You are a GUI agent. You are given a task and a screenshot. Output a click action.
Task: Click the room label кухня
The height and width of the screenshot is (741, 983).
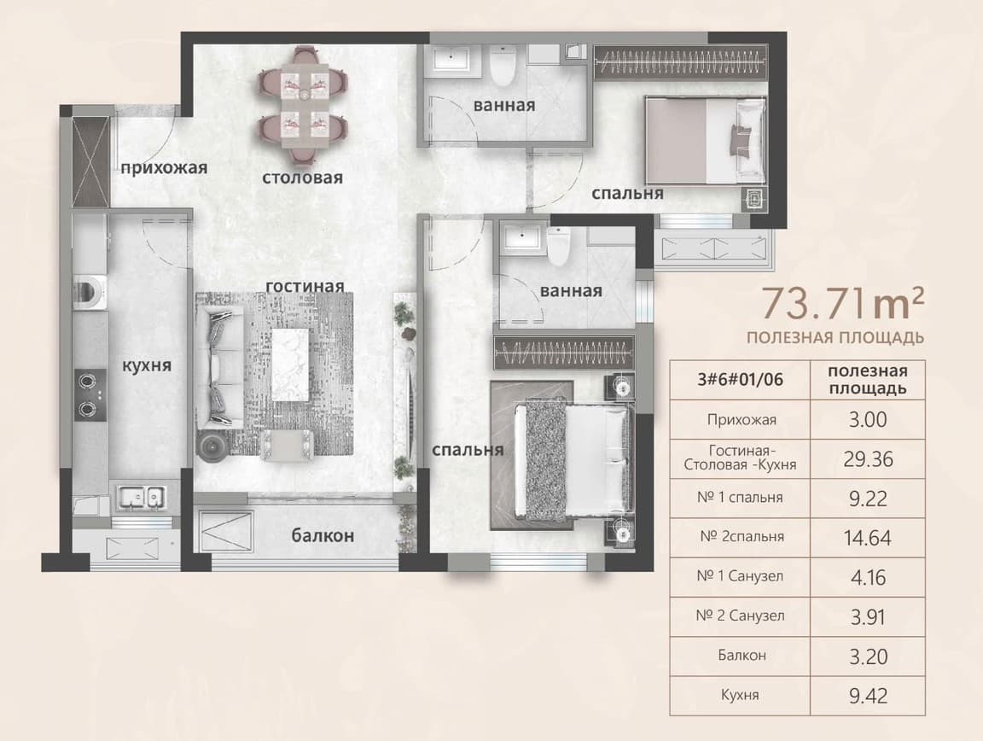click(x=146, y=365)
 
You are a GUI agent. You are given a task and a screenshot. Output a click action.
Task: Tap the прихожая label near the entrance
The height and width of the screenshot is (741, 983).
click(x=164, y=167)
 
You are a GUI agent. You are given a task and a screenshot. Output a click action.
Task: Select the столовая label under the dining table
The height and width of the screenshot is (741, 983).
click(x=302, y=178)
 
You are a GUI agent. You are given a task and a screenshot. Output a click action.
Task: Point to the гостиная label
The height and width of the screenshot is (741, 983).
click(x=305, y=286)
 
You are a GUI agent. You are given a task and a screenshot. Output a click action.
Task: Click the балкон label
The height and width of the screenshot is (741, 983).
click(x=323, y=535)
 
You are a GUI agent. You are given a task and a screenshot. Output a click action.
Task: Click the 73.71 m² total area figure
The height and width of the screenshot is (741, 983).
click(x=842, y=303)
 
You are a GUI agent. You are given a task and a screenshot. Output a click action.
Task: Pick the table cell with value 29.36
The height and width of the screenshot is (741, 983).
click(x=868, y=459)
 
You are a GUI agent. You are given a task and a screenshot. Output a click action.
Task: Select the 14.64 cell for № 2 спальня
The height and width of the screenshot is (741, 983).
click(x=868, y=538)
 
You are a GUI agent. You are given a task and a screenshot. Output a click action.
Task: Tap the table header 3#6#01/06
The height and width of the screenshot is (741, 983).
click(x=741, y=379)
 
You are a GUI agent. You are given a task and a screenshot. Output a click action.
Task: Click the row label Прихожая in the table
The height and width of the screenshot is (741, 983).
click(x=742, y=420)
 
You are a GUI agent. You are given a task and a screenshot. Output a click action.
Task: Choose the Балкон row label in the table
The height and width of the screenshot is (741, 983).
click(x=742, y=655)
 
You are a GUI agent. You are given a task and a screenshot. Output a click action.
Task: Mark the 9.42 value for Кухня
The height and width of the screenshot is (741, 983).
click(x=868, y=696)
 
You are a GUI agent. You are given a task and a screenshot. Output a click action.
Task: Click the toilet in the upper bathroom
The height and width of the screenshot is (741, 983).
click(x=503, y=65)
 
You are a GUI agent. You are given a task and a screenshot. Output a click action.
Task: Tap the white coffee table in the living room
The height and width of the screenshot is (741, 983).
click(x=290, y=365)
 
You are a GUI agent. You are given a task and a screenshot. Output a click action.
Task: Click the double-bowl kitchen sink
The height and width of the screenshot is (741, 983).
click(x=143, y=498)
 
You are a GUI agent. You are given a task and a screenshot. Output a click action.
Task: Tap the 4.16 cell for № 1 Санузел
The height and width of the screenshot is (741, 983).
click(x=868, y=577)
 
